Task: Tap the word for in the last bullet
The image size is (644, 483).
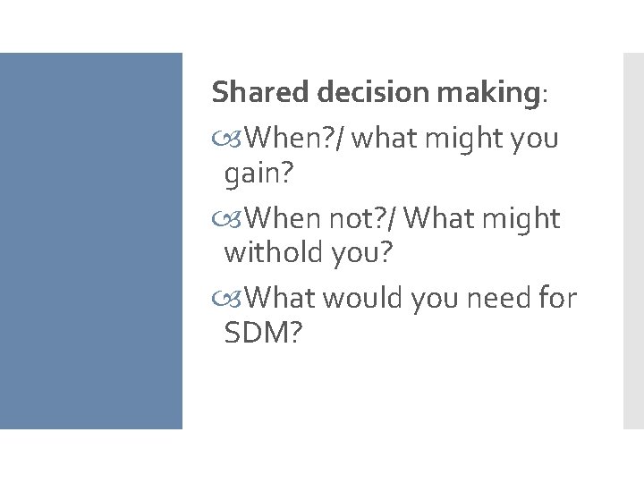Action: click(557, 297)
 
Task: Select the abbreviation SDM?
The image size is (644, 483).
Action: click(263, 335)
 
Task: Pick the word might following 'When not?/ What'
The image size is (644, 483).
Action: click(520, 218)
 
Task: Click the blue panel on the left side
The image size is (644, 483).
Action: click(90, 241)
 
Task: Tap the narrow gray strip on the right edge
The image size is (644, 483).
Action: click(632, 241)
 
